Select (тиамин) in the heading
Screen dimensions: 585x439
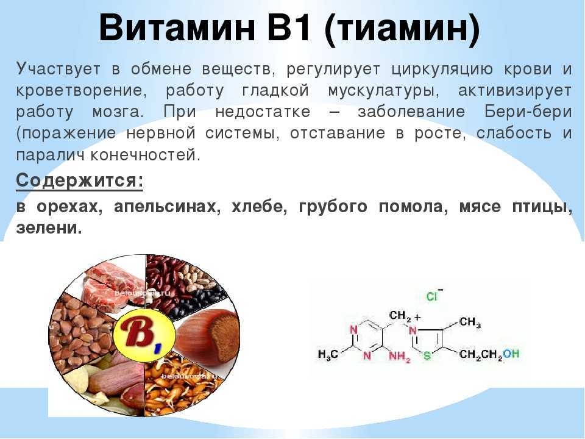tap(402, 30)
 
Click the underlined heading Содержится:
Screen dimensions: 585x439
tap(79, 181)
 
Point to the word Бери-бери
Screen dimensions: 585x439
tap(528, 112)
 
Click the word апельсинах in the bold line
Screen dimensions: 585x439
tap(165, 207)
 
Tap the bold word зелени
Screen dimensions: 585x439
tap(49, 227)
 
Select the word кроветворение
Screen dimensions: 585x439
tap(81, 91)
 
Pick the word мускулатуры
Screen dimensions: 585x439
tap(383, 91)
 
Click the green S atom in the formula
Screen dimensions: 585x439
tap(427, 355)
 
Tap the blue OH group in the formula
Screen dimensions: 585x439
tap(511, 353)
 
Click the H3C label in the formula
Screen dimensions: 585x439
tap(328, 354)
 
